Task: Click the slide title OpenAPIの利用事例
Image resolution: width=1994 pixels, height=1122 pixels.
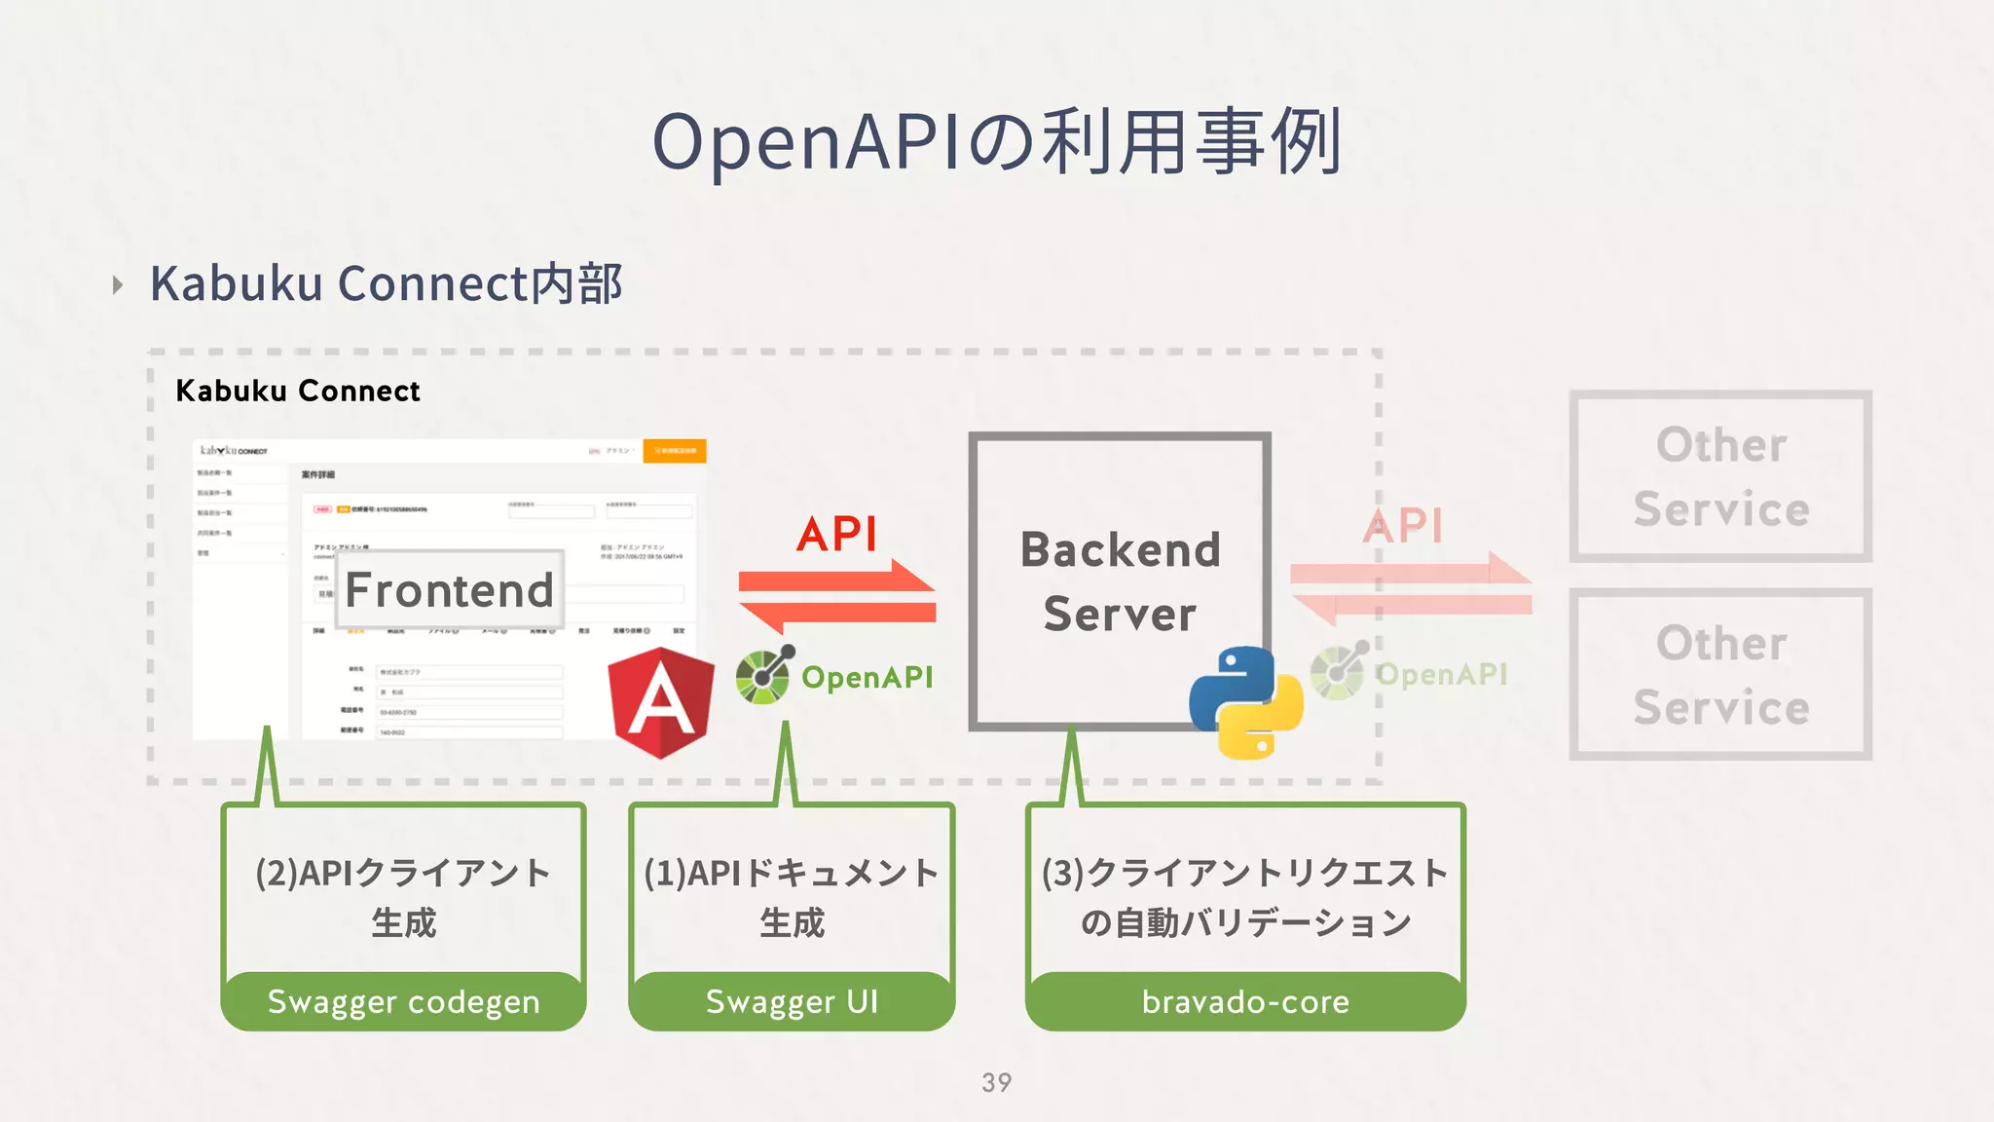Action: pyautogui.click(x=997, y=142)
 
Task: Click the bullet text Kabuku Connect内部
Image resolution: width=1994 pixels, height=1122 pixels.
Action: pyautogui.click(x=386, y=284)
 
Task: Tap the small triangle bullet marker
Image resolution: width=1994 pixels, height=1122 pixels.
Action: pyautogui.click(x=118, y=285)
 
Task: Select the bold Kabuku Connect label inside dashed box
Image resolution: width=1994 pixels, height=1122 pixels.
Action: pyautogui.click(x=298, y=392)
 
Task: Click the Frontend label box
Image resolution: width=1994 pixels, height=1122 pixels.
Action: pyautogui.click(x=449, y=590)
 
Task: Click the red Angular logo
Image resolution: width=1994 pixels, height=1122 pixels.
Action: pyautogui.click(x=661, y=701)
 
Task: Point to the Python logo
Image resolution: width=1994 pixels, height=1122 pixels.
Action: pyautogui.click(x=1245, y=701)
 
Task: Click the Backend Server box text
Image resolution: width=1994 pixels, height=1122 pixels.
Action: pyautogui.click(x=1120, y=581)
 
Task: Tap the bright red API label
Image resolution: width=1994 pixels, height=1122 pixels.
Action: pyautogui.click(x=836, y=534)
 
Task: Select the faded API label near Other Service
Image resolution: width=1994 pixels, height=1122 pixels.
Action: pyautogui.click(x=1402, y=526)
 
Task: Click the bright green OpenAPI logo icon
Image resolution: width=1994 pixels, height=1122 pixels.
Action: pyautogui.click(x=764, y=674)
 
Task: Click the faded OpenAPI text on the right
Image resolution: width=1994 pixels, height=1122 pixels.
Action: pyautogui.click(x=1441, y=674)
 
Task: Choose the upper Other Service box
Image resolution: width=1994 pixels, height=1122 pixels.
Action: pyautogui.click(x=1720, y=476)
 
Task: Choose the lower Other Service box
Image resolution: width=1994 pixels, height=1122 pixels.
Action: pyautogui.click(x=1720, y=674)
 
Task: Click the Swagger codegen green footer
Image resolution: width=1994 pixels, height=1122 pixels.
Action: pyautogui.click(x=403, y=1001)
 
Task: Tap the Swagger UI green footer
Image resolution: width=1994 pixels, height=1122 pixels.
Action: pyautogui.click(x=792, y=1001)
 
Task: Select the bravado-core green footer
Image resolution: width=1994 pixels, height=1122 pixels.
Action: pyautogui.click(x=1245, y=1001)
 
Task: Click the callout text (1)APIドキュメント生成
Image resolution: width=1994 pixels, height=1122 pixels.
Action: pyautogui.click(x=792, y=896)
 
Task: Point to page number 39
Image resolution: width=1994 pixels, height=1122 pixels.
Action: pyautogui.click(x=997, y=1082)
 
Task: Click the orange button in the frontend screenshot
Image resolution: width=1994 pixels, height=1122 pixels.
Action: pyautogui.click(x=675, y=451)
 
